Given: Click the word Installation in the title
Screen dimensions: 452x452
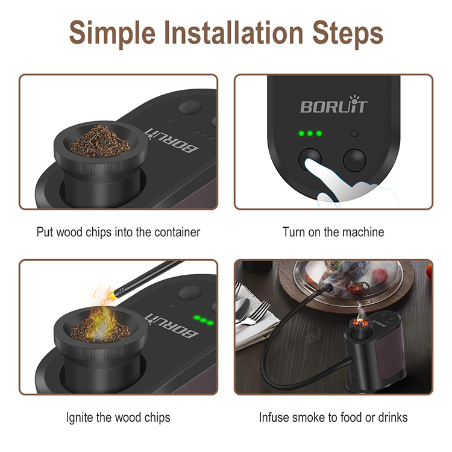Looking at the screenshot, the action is point(234,33).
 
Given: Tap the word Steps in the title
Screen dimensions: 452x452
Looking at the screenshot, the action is point(348,34).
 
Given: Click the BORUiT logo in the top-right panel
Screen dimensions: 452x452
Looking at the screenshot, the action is point(334,104).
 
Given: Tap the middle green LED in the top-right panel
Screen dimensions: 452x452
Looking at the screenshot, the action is point(310,133).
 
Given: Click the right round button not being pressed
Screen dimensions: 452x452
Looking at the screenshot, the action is point(354,160).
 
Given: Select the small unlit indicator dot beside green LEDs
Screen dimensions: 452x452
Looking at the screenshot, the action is point(355,133).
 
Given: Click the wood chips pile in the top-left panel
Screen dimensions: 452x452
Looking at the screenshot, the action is point(99,142).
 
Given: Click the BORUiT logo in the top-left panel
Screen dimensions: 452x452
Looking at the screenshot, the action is point(172,140).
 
